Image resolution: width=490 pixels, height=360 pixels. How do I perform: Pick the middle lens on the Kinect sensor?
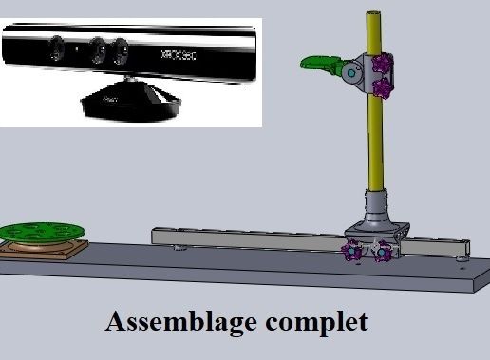(97, 47)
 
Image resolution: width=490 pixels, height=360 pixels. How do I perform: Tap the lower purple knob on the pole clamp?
(382, 89)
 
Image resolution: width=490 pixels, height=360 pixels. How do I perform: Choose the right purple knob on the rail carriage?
(385, 252)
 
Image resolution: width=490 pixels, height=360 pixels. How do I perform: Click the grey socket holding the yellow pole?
(375, 205)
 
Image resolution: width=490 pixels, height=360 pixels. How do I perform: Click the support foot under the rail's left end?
(178, 248)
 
